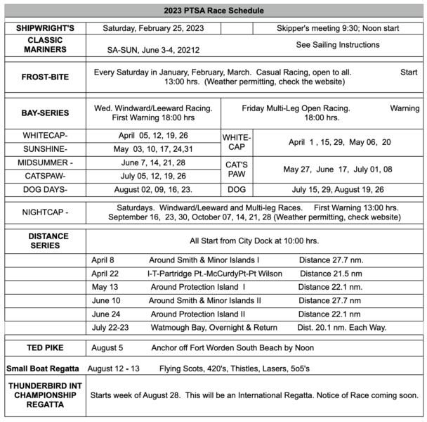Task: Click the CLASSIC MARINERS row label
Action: [44, 45]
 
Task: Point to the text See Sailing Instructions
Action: [338, 44]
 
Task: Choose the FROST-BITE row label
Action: [44, 77]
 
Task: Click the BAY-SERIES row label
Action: [44, 112]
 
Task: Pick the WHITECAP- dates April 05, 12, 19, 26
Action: [153, 136]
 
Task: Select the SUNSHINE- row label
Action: [44, 149]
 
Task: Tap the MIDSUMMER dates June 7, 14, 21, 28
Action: [153, 162]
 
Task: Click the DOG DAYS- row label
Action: [44, 189]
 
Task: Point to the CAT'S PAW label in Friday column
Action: [237, 169]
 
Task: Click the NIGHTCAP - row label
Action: [44, 212]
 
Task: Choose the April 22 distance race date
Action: [105, 273]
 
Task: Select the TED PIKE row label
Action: [44, 347]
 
